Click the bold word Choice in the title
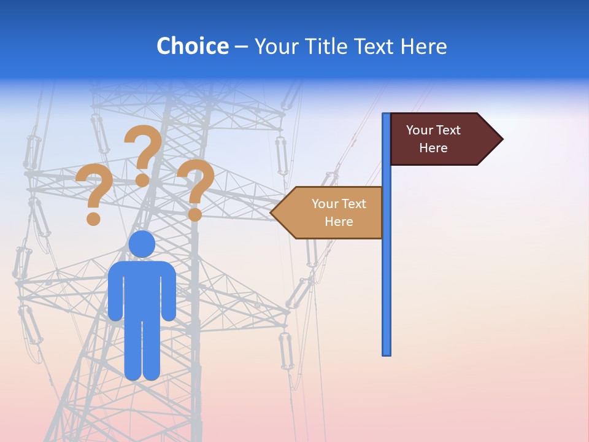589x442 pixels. [192, 46]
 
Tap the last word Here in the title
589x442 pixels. [423, 46]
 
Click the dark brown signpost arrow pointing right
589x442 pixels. [442, 139]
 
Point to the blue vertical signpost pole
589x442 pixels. [386, 276]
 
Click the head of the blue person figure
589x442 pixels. [142, 244]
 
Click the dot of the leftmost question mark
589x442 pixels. [93, 218]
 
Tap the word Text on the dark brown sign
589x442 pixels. [448, 130]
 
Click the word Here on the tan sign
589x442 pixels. [339, 222]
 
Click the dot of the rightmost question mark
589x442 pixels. [195, 215]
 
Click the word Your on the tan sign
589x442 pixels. [325, 204]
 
